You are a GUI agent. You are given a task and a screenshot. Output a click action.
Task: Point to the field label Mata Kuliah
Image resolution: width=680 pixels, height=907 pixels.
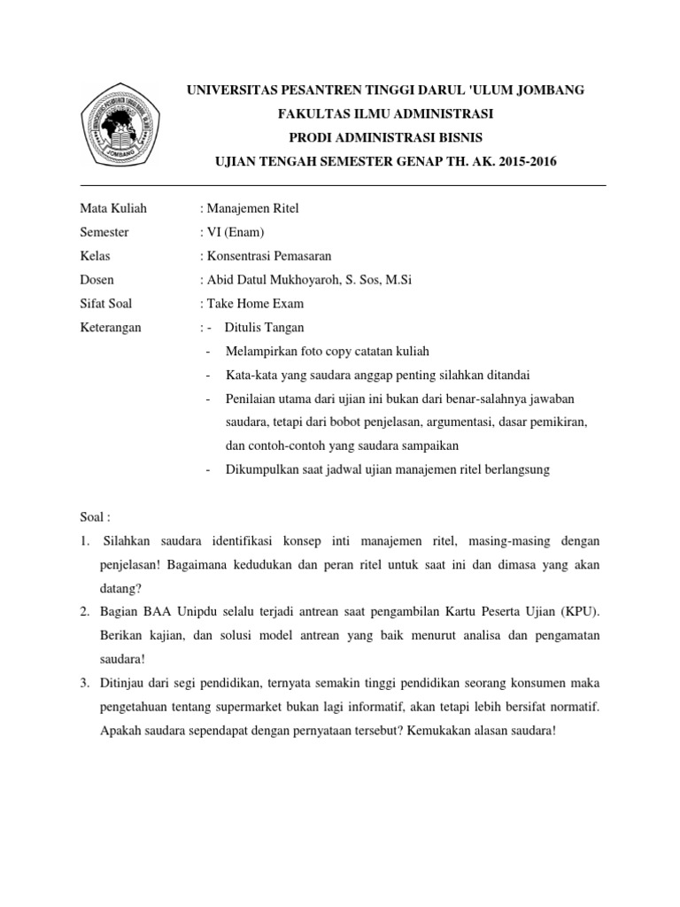point(113,209)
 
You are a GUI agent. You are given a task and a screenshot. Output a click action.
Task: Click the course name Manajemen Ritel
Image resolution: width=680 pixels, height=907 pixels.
point(253,209)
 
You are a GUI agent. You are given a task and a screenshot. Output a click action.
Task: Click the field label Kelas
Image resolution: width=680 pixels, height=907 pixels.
point(96,257)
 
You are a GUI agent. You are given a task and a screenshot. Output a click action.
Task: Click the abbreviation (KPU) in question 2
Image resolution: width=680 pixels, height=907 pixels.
point(579,613)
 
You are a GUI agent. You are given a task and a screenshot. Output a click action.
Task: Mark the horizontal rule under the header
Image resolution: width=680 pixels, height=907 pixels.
point(344,186)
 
